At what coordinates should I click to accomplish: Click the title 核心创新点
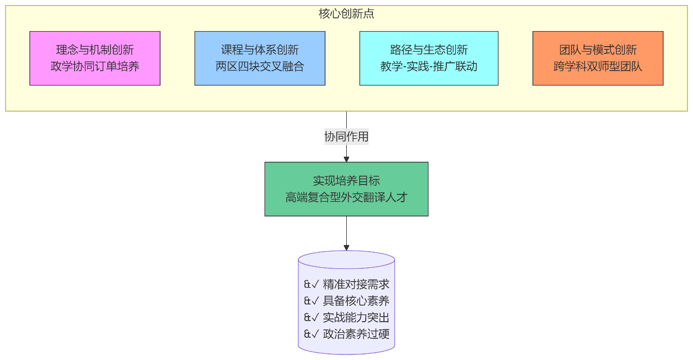[x=346, y=14]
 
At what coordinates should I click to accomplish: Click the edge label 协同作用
[x=346, y=137]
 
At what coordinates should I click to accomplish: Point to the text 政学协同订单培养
[x=95, y=67]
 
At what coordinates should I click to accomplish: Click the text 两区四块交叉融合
[x=260, y=67]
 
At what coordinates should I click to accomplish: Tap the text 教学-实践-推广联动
[x=429, y=67]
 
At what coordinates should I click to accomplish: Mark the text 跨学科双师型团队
[x=598, y=67]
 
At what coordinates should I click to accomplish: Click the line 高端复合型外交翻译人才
[x=346, y=197]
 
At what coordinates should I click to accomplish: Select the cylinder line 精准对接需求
[x=356, y=284]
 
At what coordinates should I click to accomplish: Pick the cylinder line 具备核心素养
[x=356, y=301]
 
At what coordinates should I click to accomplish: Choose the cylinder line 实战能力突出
[x=356, y=318]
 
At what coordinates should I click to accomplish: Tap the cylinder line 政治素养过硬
[x=356, y=334]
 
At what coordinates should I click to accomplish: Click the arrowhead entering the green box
[x=346, y=159]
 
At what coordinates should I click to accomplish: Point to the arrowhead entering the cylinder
[x=346, y=248]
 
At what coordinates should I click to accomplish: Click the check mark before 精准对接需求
[x=315, y=284]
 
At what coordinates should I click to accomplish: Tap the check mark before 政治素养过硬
[x=315, y=334]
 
